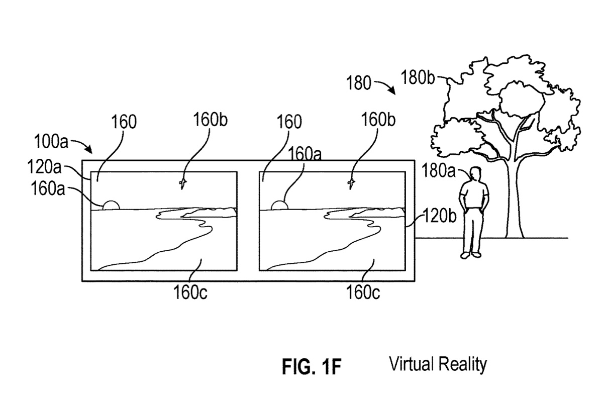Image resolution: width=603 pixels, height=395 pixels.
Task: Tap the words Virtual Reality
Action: point(437,364)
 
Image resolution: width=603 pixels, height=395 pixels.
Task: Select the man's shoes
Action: point(471,255)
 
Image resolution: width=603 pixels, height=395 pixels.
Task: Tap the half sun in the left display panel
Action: point(111,205)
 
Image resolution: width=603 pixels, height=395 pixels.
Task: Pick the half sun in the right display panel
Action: point(279,205)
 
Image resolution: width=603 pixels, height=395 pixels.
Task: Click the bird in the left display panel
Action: point(183,184)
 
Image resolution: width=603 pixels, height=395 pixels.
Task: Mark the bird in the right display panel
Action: point(351,184)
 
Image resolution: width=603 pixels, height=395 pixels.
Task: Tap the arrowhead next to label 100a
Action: point(89,150)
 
